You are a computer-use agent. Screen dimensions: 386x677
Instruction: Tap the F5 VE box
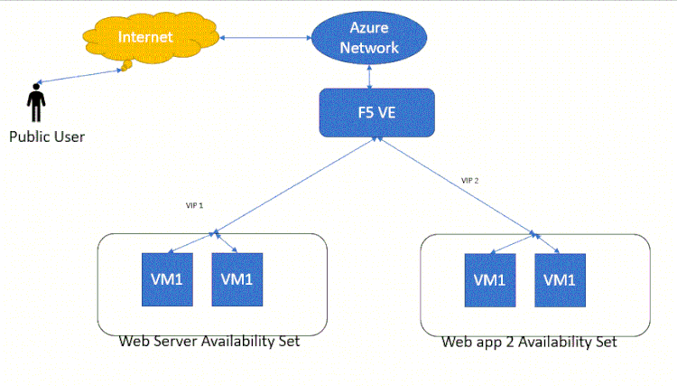click(376, 112)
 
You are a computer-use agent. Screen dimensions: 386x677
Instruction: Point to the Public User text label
click(46, 137)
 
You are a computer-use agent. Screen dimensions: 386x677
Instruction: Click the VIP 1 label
click(194, 205)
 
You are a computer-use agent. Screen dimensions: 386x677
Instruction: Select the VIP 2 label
click(469, 180)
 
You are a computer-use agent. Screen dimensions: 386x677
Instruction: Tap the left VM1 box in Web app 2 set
click(489, 279)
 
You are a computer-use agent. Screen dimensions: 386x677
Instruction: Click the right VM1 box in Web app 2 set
click(560, 279)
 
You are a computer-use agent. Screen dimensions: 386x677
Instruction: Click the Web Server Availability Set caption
click(209, 343)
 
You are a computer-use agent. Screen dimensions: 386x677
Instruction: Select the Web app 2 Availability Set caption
click(529, 343)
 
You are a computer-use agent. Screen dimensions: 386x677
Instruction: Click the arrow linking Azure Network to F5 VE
click(370, 78)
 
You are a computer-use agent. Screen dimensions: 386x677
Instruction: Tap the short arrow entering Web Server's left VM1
click(192, 242)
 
